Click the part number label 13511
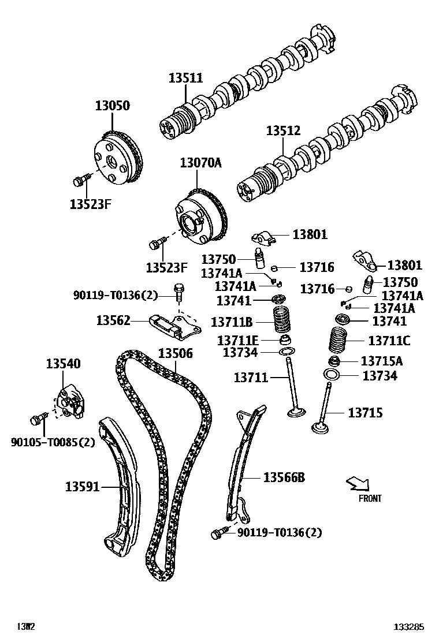185,78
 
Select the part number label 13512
283,130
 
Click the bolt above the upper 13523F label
80,181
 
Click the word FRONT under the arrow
370,498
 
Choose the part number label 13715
364,413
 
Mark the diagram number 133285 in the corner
409,626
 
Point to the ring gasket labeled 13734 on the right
331,376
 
